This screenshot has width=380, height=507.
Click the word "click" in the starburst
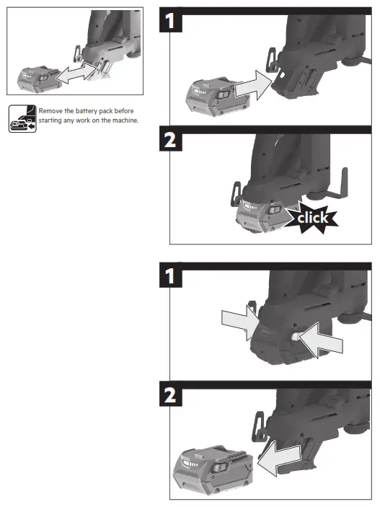tap(312, 217)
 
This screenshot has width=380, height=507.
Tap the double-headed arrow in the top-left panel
tap(76, 71)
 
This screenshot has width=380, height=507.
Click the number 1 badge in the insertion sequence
tap(169, 22)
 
